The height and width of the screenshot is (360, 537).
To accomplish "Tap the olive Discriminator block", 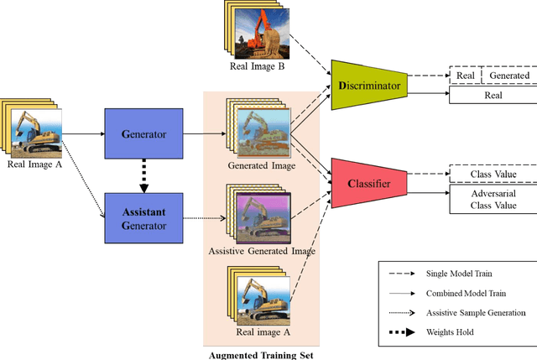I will pos(368,85).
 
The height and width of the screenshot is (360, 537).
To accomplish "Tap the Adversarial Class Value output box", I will pos(490,198).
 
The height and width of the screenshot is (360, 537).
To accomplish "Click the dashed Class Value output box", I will pos(490,174).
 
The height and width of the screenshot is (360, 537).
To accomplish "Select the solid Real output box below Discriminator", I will pos(490,97).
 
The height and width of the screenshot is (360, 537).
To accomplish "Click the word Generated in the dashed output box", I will pos(503,76).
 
